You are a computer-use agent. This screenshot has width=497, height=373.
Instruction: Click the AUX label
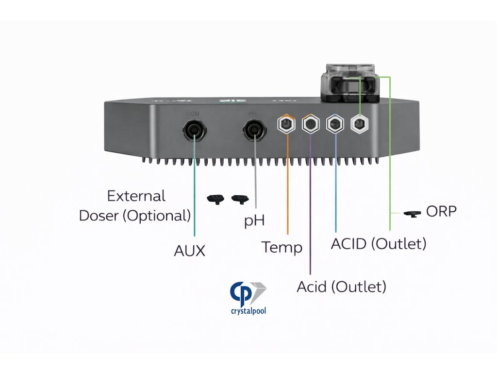[190, 251]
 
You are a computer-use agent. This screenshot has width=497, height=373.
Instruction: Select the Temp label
[282, 247]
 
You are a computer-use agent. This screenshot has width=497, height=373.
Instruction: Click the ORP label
[441, 211]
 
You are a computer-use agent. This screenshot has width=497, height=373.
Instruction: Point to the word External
[136, 196]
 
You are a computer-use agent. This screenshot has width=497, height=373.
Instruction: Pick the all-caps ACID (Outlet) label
[379, 243]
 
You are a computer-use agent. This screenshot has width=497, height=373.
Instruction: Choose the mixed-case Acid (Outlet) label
[341, 287]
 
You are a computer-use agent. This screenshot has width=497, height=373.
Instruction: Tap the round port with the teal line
[195, 130]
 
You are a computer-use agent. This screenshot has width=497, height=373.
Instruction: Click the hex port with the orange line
[286, 124]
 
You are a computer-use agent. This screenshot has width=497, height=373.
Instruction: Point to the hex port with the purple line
[310, 124]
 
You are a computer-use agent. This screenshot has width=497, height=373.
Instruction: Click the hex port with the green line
[359, 124]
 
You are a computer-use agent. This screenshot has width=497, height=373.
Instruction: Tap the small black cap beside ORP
[413, 214]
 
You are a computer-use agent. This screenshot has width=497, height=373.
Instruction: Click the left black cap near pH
[215, 198]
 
